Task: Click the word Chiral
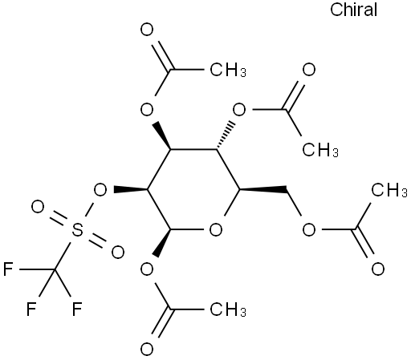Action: point(353,10)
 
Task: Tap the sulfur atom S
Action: point(77,230)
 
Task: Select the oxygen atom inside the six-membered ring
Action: point(216,230)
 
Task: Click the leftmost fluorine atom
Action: point(8,269)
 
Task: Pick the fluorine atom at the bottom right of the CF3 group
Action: point(77,309)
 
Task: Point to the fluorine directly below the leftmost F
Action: point(31,309)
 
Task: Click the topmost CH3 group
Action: point(228,70)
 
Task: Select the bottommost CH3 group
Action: point(228,309)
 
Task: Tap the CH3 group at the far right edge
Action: point(389,190)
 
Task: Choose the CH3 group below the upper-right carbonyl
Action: point(320,150)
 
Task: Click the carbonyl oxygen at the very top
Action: point(147,30)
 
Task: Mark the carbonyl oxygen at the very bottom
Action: point(147,350)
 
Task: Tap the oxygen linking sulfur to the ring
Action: point(100,190)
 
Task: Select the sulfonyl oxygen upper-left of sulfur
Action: point(38,207)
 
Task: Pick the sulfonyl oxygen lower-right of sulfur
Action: point(118,253)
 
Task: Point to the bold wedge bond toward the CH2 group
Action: point(263,190)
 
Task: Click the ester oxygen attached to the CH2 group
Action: point(309,230)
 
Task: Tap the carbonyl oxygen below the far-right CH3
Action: point(378,269)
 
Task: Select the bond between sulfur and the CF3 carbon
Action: point(63,256)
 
